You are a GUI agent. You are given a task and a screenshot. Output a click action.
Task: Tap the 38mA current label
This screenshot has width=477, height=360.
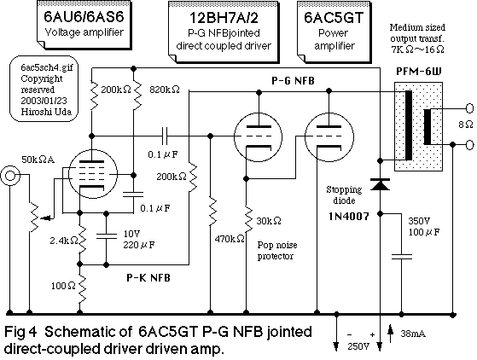click(x=415, y=334)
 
